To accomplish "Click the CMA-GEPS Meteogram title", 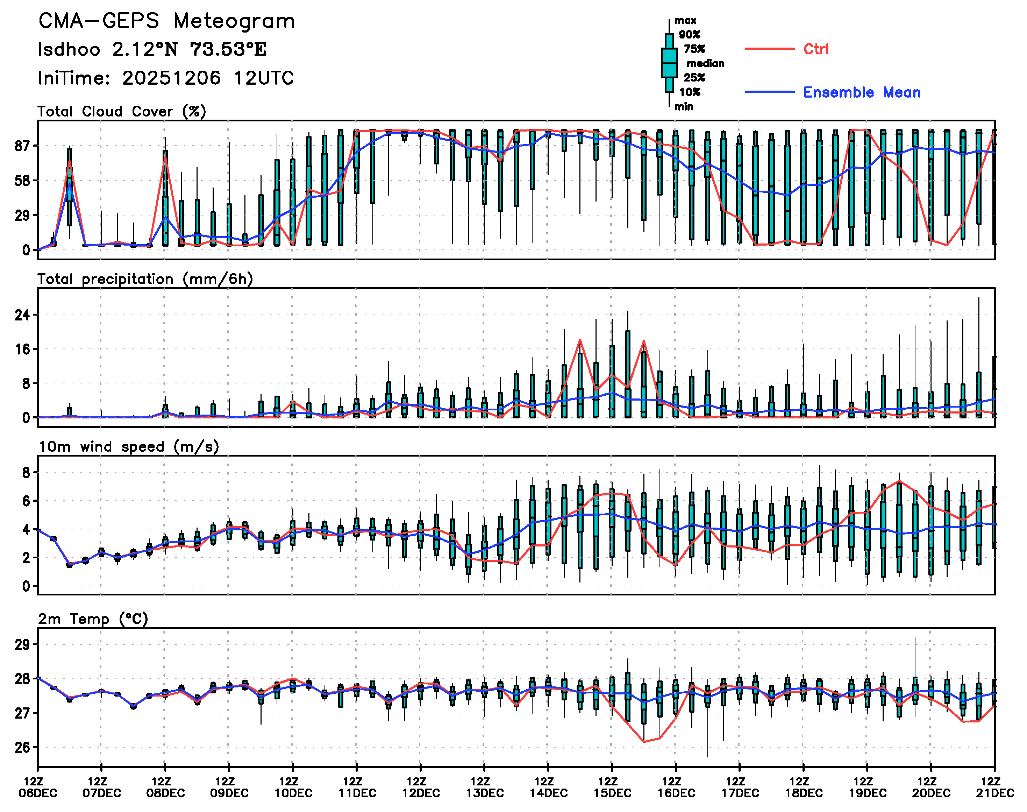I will click(x=166, y=21).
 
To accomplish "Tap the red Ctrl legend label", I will click(x=816, y=49).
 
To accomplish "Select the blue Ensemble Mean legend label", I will click(x=862, y=92).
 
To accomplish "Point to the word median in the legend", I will click(x=705, y=64).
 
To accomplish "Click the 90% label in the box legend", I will click(x=689, y=35).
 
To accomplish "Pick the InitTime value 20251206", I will click(x=171, y=78).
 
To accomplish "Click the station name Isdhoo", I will click(x=69, y=49).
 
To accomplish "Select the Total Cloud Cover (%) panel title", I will click(x=122, y=112).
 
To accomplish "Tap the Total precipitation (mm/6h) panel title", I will click(x=145, y=279).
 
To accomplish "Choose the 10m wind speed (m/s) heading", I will click(x=128, y=447).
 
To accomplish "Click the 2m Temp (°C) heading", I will click(x=93, y=619).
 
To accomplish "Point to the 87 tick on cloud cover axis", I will click(x=22, y=146).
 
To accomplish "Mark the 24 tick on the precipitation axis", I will click(x=22, y=315).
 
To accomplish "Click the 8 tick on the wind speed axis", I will click(x=26, y=473).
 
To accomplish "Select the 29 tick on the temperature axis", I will click(x=22, y=645).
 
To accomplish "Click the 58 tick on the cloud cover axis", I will click(x=22, y=181).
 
